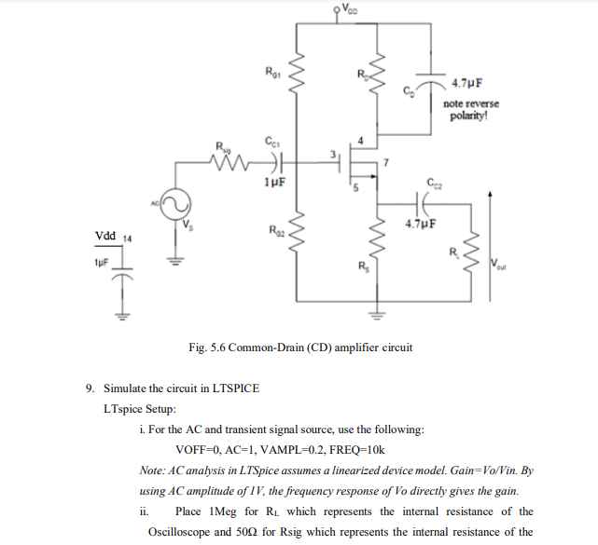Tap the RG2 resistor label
(273, 229)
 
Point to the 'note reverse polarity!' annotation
(471, 111)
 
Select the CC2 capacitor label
(435, 184)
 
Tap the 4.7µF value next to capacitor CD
(466, 82)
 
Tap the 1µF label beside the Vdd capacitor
(104, 264)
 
